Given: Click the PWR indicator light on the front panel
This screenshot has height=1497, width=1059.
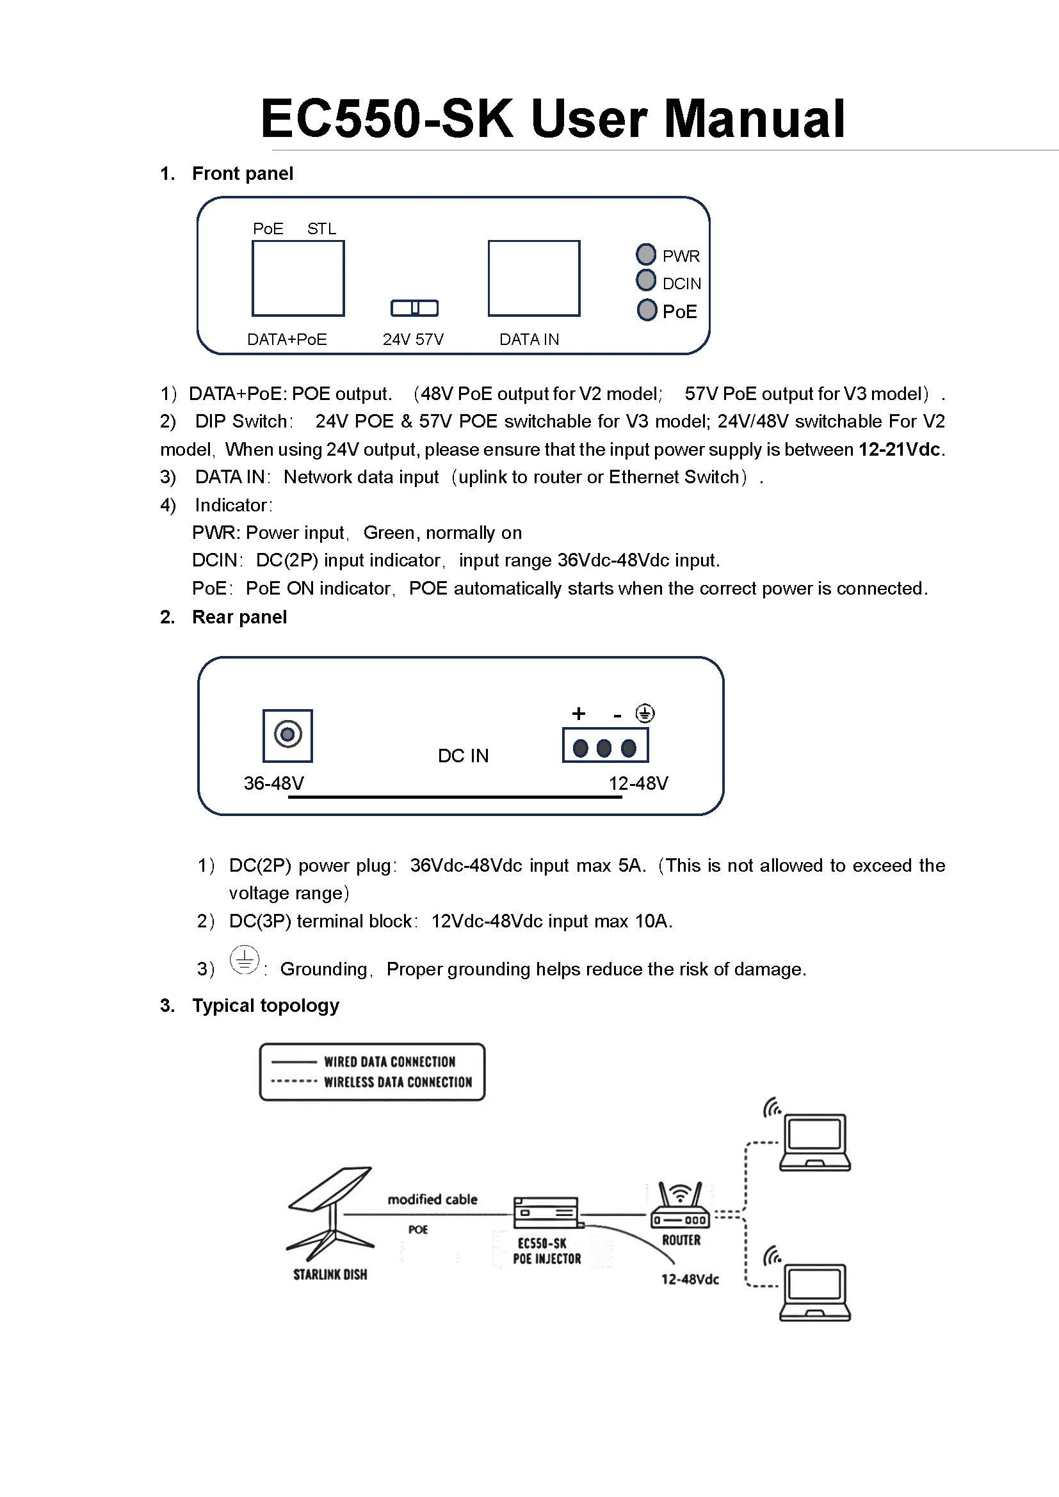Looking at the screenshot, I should [645, 253].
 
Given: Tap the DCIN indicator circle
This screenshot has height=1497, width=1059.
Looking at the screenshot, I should [645, 280].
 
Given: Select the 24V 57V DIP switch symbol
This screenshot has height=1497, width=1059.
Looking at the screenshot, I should [414, 308].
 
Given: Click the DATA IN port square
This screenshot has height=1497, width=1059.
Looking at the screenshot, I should [533, 278].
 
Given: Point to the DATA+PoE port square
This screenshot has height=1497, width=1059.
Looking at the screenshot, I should [298, 278].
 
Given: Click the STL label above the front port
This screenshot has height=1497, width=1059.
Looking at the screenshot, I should [321, 229].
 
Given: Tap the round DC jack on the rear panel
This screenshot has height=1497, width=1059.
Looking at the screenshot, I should [287, 735].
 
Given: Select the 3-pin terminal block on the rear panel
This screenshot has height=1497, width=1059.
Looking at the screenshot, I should [605, 746].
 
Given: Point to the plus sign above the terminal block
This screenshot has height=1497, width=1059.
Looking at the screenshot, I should [578, 714].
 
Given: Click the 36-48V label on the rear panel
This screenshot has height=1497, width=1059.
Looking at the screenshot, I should [274, 783].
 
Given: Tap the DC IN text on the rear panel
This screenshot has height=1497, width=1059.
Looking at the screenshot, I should [463, 756].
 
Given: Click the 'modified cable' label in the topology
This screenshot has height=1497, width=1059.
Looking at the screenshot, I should [432, 1199].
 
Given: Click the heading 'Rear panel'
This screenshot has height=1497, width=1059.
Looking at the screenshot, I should [239, 617].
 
